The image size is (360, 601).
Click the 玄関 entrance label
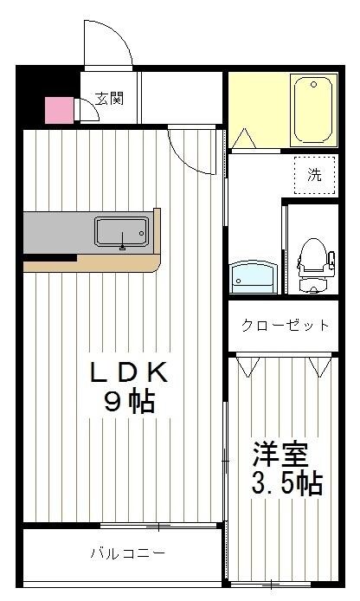pyautogui.click(x=109, y=98)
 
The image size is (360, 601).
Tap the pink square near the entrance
pyautogui.click(x=58, y=111)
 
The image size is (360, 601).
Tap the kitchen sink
pyautogui.click(x=121, y=232)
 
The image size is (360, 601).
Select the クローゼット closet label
pyautogui.click(x=286, y=326)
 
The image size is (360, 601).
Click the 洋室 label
pyautogui.click(x=280, y=454)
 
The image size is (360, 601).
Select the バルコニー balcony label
pyautogui.click(x=127, y=553)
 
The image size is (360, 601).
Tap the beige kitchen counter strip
pyautogui.click(x=95, y=263)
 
